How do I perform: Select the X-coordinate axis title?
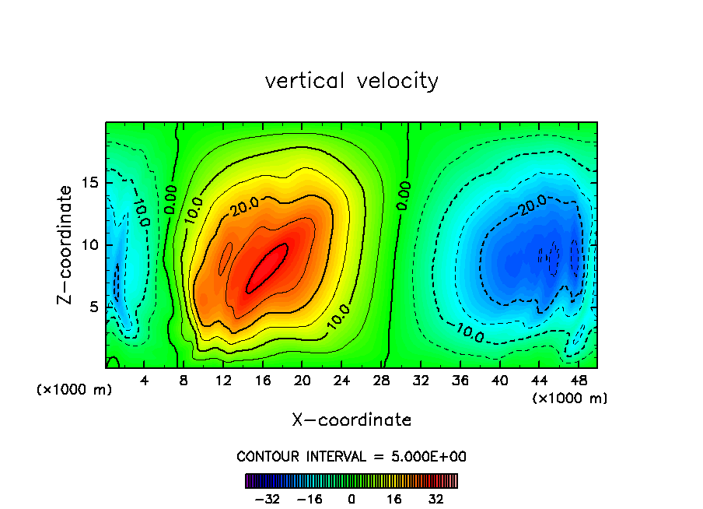351,420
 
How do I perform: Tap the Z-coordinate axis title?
66,244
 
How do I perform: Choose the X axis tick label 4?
145,381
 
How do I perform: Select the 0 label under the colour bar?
351,499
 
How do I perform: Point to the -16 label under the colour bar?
309,499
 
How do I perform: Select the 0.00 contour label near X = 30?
403,195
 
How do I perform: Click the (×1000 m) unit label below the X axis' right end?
569,398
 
